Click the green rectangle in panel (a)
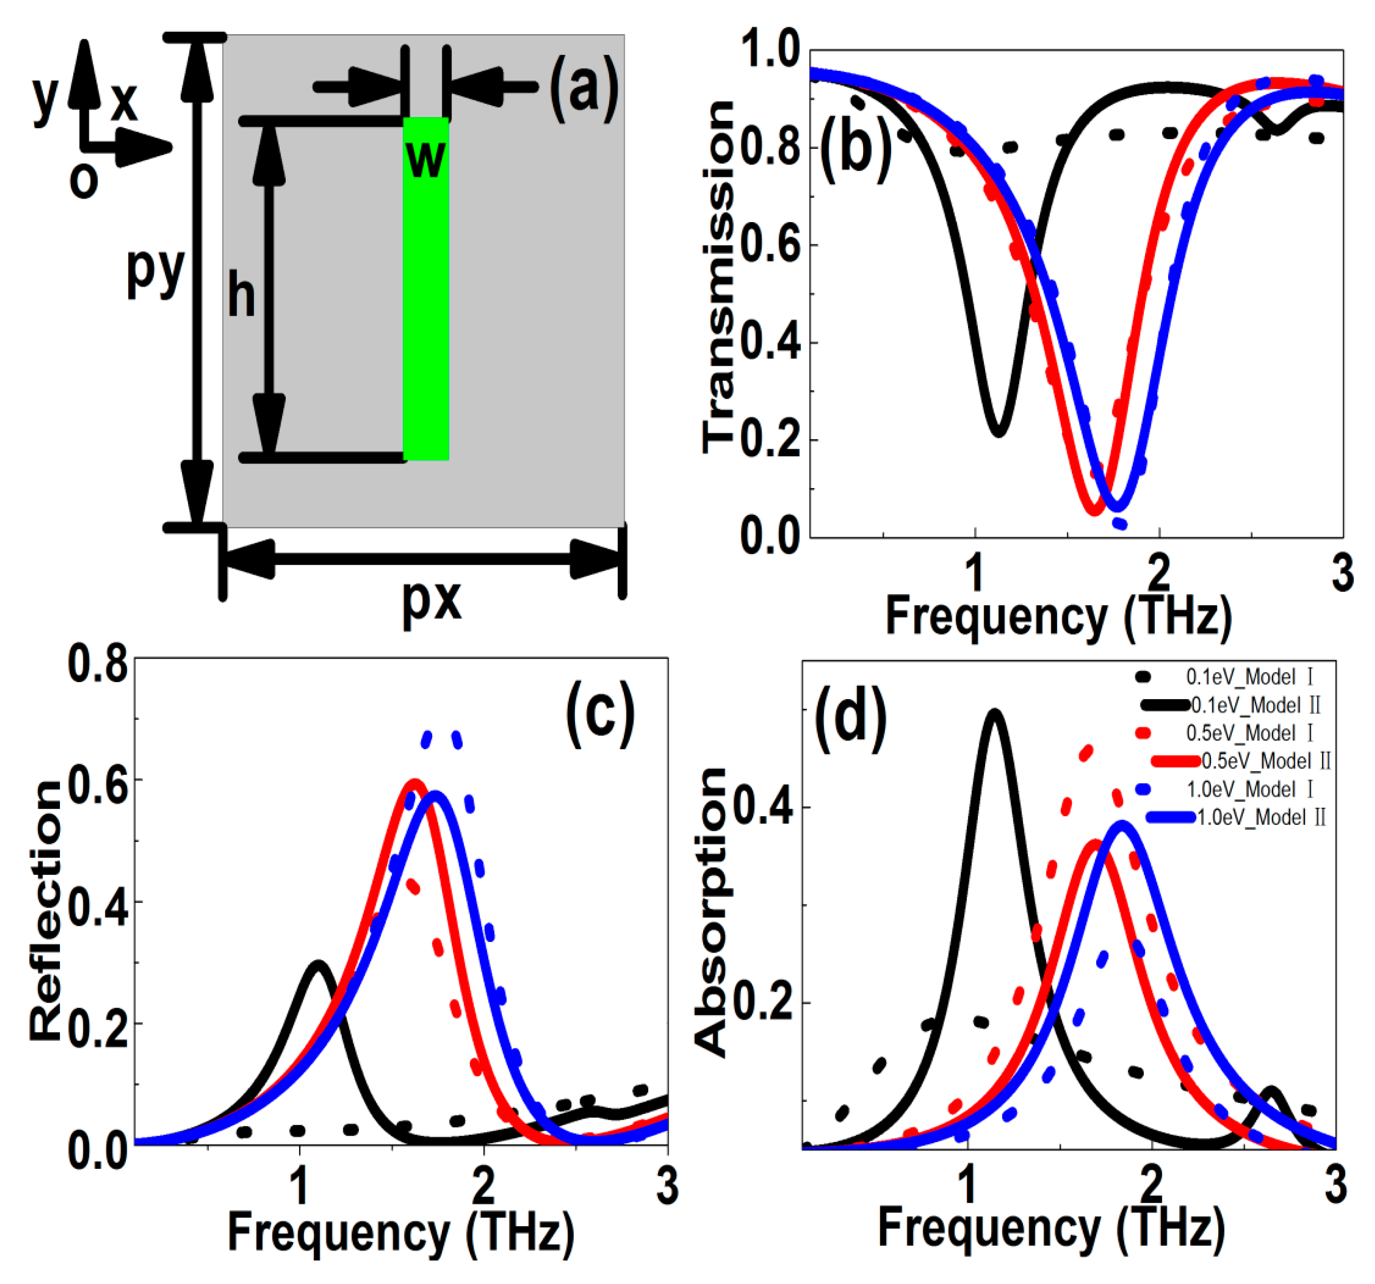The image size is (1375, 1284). pyautogui.click(x=425, y=311)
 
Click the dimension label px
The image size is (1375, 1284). pyautogui.click(x=432, y=599)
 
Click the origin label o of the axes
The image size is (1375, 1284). pyautogui.click(x=84, y=181)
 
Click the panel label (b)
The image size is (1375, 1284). pyautogui.click(x=855, y=149)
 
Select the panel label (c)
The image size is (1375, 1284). pyautogui.click(x=599, y=713)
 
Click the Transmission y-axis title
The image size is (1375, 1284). pyautogui.click(x=718, y=277)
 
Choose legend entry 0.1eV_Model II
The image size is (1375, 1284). pyautogui.click(x=1255, y=706)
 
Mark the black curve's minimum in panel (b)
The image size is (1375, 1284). pyautogui.click(x=998, y=434)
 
